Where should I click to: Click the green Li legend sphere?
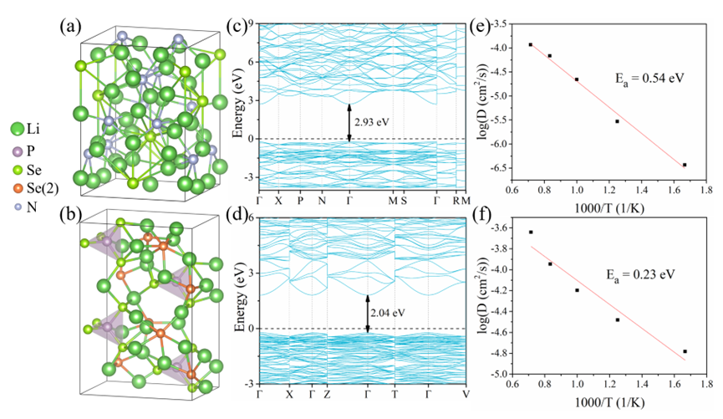[16, 129]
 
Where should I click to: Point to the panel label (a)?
[70, 24]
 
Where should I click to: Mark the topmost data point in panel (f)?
[531, 232]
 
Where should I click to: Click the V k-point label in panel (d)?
[465, 393]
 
